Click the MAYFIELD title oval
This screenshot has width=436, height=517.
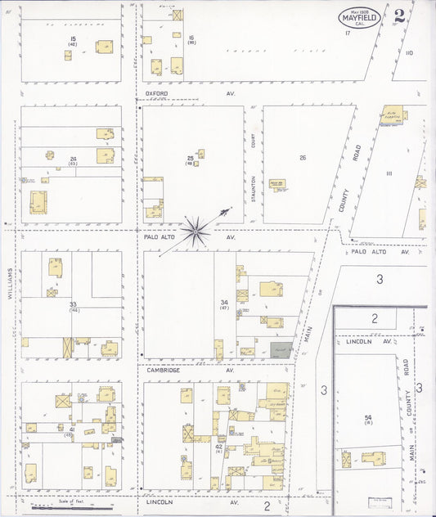(x=360, y=16)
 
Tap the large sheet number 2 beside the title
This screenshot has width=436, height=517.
(x=399, y=15)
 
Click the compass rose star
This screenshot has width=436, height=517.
(x=196, y=231)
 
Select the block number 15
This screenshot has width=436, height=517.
(x=73, y=38)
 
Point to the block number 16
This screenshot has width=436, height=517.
(x=191, y=38)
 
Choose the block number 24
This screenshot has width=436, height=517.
(x=73, y=159)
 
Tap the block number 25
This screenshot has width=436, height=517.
(x=191, y=157)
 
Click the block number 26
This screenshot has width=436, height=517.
(x=302, y=157)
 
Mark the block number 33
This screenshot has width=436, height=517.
(x=73, y=304)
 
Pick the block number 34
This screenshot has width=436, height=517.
(x=223, y=303)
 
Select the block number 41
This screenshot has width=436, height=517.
(x=72, y=429)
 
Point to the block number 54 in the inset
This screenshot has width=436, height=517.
(x=368, y=418)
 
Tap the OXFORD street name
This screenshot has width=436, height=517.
(x=156, y=93)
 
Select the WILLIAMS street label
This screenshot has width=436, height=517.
(x=10, y=285)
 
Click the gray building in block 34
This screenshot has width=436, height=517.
(x=281, y=349)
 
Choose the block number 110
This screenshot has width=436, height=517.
(x=408, y=53)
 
